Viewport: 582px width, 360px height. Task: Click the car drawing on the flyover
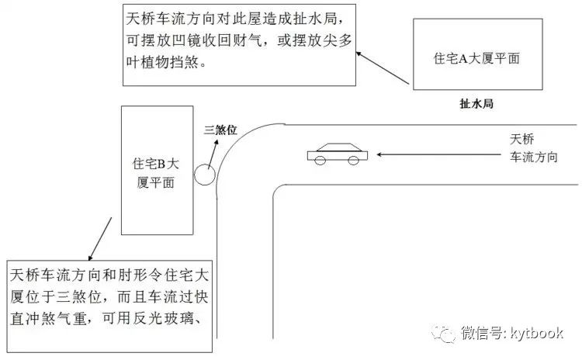(338, 154)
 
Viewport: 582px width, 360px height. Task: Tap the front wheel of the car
(320, 161)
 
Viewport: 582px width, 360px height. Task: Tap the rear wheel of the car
(353, 161)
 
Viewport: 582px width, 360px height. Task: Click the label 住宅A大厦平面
(476, 58)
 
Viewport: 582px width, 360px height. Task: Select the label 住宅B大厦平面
(156, 173)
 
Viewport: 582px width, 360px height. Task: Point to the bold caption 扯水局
(476, 103)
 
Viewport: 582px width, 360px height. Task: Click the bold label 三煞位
(220, 130)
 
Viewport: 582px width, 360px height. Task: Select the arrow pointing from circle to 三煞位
(213, 154)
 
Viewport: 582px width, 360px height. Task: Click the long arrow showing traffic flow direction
(439, 154)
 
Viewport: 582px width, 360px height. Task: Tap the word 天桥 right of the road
(522, 139)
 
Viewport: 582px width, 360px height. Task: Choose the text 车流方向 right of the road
(534, 157)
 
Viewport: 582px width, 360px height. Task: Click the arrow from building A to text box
(383, 68)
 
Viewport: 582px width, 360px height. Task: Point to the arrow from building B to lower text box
(100, 239)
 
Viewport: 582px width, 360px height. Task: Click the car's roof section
(339, 147)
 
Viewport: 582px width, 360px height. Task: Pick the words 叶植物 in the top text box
(147, 62)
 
